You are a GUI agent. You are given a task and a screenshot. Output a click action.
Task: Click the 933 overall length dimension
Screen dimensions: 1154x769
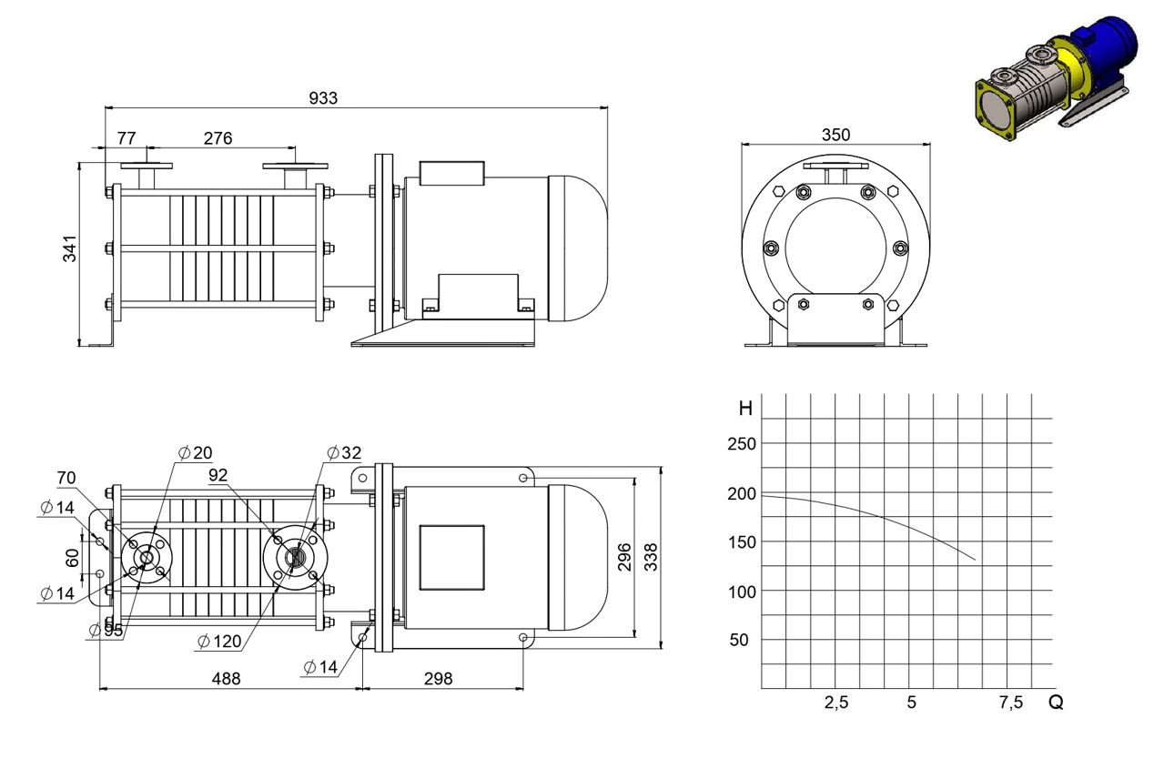[323, 98]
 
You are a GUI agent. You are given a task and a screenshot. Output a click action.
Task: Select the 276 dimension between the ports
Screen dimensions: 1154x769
[218, 138]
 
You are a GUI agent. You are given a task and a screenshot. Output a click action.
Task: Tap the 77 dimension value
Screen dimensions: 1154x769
[127, 138]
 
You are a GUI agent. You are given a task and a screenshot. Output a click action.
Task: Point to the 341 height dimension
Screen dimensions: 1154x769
[69, 249]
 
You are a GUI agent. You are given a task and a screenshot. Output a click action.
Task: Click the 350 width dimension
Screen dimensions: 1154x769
[835, 135]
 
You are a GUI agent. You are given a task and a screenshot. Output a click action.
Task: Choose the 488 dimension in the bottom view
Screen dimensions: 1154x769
[227, 679]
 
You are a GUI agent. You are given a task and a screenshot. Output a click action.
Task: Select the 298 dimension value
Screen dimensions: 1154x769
[439, 679]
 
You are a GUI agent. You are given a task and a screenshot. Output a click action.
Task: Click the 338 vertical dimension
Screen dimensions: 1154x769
[652, 557]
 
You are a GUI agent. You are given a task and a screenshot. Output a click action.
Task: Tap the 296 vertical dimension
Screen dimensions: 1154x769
[624, 557]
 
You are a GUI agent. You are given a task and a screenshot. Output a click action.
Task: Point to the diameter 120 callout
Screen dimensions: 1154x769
[219, 642]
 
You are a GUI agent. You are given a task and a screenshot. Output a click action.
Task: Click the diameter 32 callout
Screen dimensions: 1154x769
[344, 452]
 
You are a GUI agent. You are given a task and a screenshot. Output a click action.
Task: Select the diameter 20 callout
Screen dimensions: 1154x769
[196, 452]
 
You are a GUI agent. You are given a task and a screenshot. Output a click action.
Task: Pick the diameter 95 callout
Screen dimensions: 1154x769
[106, 630]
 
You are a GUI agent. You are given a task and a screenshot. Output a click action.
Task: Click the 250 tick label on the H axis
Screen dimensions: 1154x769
[742, 444]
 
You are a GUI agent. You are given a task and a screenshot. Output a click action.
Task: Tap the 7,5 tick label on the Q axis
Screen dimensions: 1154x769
[1011, 703]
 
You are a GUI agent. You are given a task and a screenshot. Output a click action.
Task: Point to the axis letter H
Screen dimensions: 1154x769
[745, 409]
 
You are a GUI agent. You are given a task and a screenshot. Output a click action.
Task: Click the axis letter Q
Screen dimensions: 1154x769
[1056, 702]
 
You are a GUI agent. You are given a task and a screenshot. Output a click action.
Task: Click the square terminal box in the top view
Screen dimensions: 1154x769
[451, 557]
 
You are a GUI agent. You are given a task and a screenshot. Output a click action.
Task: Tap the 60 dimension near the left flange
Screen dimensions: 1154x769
[73, 557]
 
